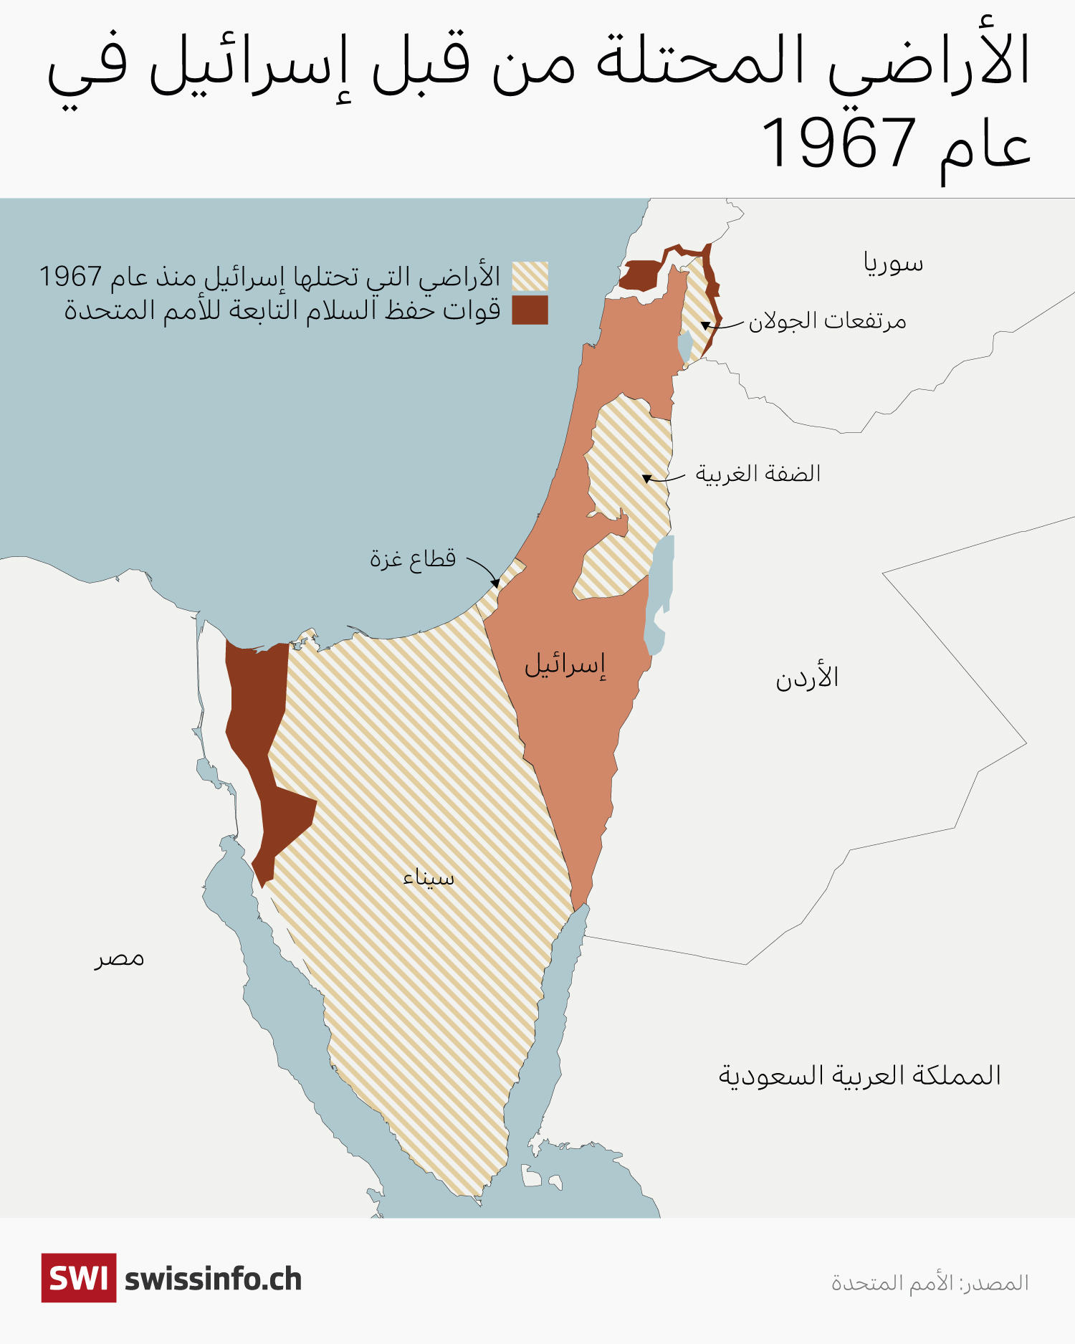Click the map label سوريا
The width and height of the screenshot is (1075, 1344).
pos(893,264)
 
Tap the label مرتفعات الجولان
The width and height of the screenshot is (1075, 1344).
pos(827,321)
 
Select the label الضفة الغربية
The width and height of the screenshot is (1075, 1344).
pos(758,474)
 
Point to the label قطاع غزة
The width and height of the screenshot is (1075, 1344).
pos(413,558)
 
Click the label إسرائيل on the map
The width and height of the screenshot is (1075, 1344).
pos(565,665)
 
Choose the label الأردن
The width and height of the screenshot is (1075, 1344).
pos(807,677)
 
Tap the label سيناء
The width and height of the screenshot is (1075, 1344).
pos(429,878)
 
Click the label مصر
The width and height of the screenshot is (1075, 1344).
pos(119,958)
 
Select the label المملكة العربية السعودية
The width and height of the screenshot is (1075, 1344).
pos(859,1075)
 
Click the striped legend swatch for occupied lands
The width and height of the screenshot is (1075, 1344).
pos(530,277)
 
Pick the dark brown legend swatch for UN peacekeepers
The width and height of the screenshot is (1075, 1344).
pos(530,310)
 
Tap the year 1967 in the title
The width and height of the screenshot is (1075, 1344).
pos(838,142)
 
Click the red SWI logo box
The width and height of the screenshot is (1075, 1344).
pos(79,1278)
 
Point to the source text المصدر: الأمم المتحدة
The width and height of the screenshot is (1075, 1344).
pos(930,1282)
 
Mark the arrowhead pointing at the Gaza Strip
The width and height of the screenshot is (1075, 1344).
pos(496,583)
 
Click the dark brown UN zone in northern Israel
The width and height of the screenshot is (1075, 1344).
pos(639,275)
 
